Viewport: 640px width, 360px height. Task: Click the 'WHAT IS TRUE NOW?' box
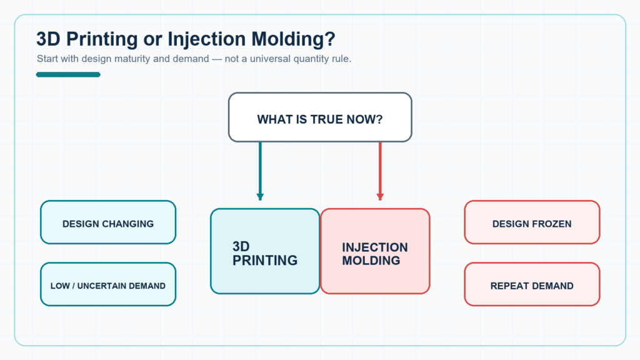click(320, 117)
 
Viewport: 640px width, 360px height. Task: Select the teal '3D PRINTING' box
click(265, 251)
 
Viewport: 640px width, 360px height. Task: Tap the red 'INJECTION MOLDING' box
click(375, 251)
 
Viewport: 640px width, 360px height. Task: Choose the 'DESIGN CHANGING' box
click(108, 222)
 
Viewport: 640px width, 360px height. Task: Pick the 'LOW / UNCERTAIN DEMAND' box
click(108, 284)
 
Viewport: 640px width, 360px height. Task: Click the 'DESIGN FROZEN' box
click(532, 222)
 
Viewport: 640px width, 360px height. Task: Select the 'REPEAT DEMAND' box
click(532, 284)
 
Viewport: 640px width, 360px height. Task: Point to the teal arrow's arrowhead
click(260, 197)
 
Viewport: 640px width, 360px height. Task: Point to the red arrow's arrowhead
click(380, 197)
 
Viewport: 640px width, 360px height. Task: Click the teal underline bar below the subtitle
click(68, 74)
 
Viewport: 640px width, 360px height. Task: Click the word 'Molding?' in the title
click(293, 39)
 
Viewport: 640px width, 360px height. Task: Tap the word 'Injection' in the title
click(206, 39)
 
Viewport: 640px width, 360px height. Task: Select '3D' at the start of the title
click(48, 39)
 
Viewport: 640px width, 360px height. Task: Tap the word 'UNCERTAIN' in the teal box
click(100, 286)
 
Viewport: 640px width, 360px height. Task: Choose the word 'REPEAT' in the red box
click(509, 286)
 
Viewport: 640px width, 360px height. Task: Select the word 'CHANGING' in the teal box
click(127, 224)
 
